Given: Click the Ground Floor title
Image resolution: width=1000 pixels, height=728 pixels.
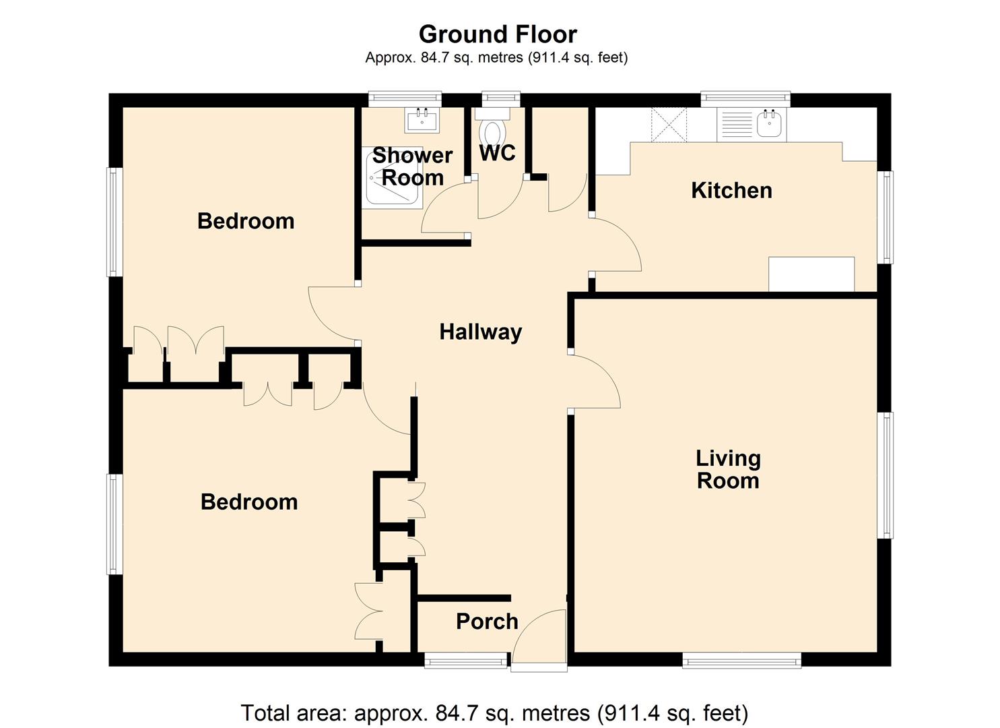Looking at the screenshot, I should [x=498, y=34].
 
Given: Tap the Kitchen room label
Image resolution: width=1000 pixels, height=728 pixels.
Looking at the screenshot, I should [x=731, y=190].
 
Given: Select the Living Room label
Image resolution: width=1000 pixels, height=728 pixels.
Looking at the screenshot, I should [x=728, y=469].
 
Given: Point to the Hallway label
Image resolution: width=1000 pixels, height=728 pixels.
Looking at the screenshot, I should [x=480, y=332].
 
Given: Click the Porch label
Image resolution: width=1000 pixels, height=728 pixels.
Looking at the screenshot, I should [x=487, y=621].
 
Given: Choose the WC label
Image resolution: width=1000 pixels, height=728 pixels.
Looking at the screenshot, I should [x=497, y=153].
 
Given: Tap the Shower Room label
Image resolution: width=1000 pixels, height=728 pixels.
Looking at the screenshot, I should [x=412, y=166].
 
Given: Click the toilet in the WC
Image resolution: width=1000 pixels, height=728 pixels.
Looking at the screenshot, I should [x=494, y=129].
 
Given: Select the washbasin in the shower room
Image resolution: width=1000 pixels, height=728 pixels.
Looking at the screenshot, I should [x=422, y=121].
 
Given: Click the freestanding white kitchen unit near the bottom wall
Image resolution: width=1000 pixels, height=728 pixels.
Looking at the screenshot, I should [x=811, y=274].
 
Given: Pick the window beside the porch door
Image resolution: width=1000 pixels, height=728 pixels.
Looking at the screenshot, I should [x=465, y=661].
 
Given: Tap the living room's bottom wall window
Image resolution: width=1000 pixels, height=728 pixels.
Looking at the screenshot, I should [x=741, y=660].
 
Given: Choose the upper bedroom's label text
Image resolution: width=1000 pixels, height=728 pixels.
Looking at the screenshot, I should [x=246, y=221].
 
